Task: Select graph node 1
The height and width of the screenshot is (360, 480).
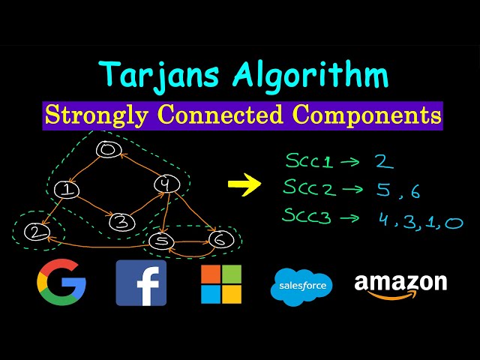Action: [68, 190]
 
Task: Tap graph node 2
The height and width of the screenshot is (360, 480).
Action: [34, 233]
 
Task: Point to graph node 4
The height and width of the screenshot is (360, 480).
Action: [165, 184]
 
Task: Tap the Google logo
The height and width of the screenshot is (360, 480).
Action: [61, 283]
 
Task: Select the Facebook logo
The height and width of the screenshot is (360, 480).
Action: [141, 283]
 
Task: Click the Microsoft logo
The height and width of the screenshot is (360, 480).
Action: [220, 283]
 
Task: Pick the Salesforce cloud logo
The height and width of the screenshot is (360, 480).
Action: [301, 286]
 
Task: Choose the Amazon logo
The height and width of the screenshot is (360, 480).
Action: [400, 286]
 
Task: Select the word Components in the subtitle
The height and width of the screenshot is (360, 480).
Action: [366, 115]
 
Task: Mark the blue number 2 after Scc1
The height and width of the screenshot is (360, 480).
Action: [382, 161]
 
